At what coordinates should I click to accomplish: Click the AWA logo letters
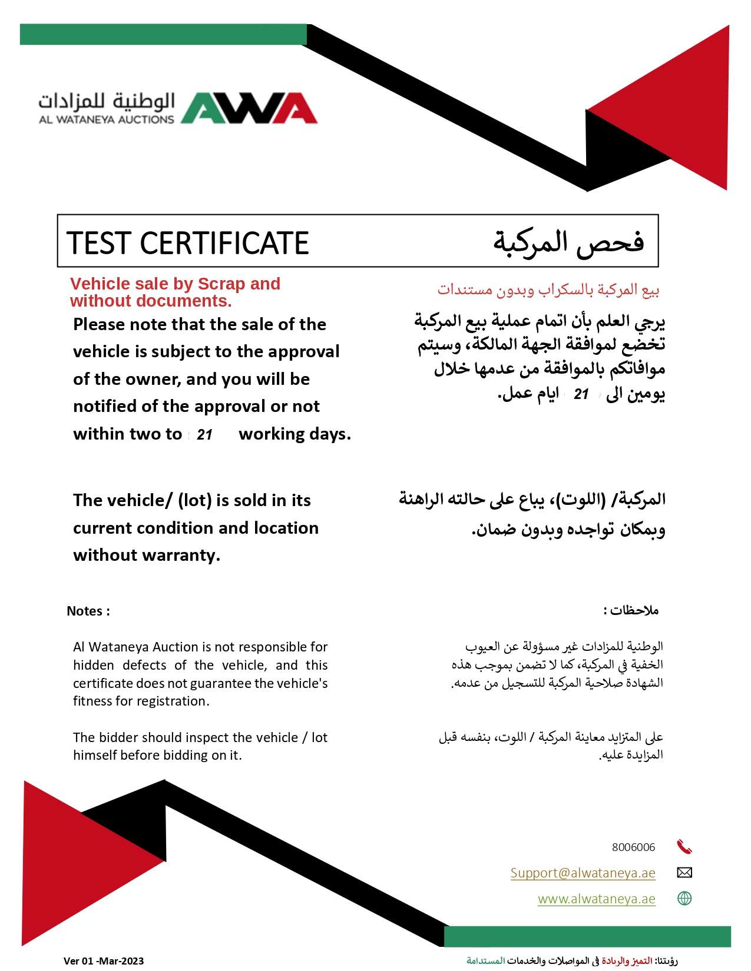pos(249,108)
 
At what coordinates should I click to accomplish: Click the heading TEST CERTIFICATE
pos(188,243)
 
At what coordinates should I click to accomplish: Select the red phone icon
pos(684,847)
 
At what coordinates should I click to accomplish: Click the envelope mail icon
pos(684,872)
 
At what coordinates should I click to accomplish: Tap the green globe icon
pos(684,899)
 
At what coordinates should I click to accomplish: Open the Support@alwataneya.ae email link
pos(583,873)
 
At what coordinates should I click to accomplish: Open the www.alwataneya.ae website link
pos(596,899)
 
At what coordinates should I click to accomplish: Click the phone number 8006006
pos(633,847)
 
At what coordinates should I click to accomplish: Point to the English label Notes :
pos(88,611)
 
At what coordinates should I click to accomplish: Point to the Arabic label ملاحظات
pos(631,610)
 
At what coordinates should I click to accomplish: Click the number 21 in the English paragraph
pos(204,435)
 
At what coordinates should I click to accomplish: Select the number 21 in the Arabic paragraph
pos(581,394)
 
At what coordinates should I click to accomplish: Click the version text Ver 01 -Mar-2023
pos(104,961)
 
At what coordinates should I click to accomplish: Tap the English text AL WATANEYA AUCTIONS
pos(107,119)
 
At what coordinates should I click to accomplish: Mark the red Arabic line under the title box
pos(548,290)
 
